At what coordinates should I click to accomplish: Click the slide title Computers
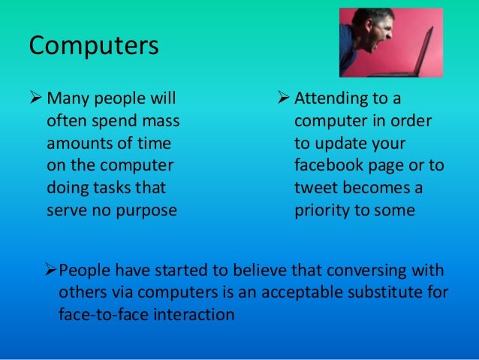(94, 46)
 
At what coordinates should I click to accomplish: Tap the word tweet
(315, 188)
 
